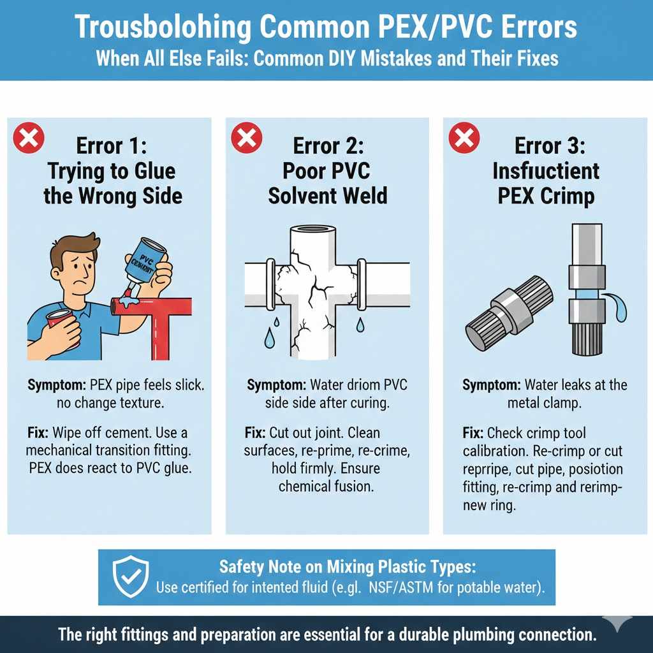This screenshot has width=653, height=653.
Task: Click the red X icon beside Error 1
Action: click(x=29, y=138)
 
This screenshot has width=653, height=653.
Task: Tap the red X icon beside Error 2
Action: click(x=247, y=138)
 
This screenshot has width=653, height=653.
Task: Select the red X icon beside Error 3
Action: click(x=464, y=138)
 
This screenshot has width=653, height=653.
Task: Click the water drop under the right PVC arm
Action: click(x=360, y=325)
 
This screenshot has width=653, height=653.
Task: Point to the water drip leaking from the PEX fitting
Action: click(x=618, y=307)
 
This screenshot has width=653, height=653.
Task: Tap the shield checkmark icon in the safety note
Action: click(x=131, y=576)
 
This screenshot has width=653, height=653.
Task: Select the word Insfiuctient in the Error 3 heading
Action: click(x=546, y=171)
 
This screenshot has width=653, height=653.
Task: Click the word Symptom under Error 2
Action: click(x=277, y=385)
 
